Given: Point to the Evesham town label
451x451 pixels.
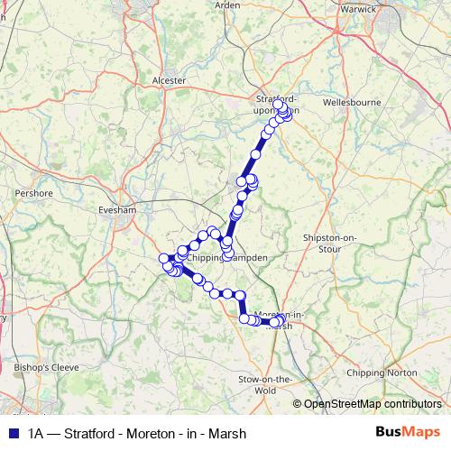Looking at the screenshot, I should point(115,210).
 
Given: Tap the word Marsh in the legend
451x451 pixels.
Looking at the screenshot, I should point(226,432).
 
